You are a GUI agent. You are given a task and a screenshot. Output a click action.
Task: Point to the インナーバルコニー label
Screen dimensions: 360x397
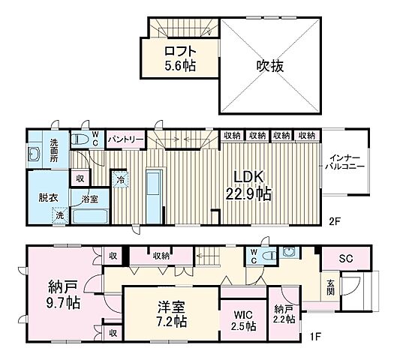tap(345, 161)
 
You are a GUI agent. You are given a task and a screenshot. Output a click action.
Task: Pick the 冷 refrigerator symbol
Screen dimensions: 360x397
tap(121, 180)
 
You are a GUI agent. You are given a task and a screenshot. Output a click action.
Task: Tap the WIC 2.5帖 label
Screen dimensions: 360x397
tap(243, 320)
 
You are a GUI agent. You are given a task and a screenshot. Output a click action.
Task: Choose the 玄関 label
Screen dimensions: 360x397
tap(331, 288)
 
